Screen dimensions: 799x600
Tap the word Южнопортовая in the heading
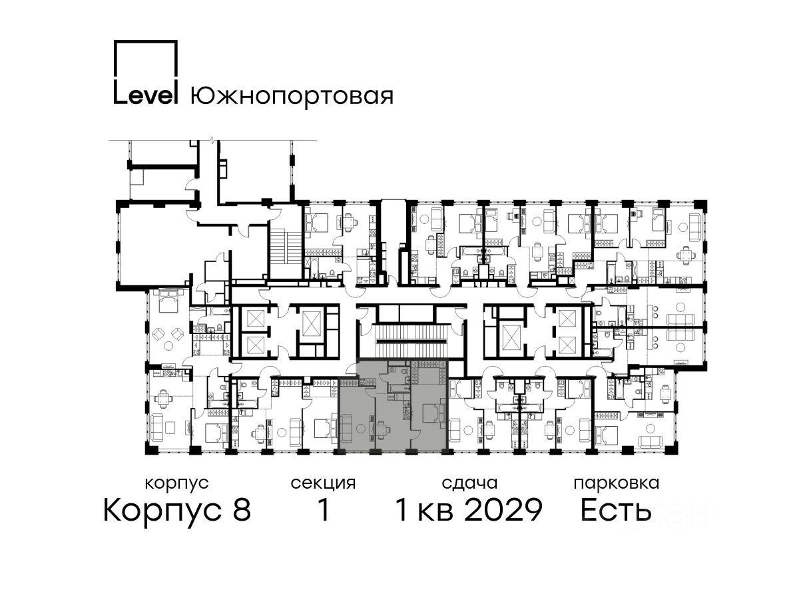[292, 95]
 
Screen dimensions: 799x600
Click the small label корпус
[176, 484]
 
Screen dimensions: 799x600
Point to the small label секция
[323, 484]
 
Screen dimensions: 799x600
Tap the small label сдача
[469, 484]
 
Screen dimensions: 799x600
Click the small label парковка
[617, 484]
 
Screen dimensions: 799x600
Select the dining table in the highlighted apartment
[382, 429]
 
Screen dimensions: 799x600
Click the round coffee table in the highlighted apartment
[360, 429]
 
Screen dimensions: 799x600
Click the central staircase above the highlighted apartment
[411, 341]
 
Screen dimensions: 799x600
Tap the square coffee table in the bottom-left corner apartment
[170, 427]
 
